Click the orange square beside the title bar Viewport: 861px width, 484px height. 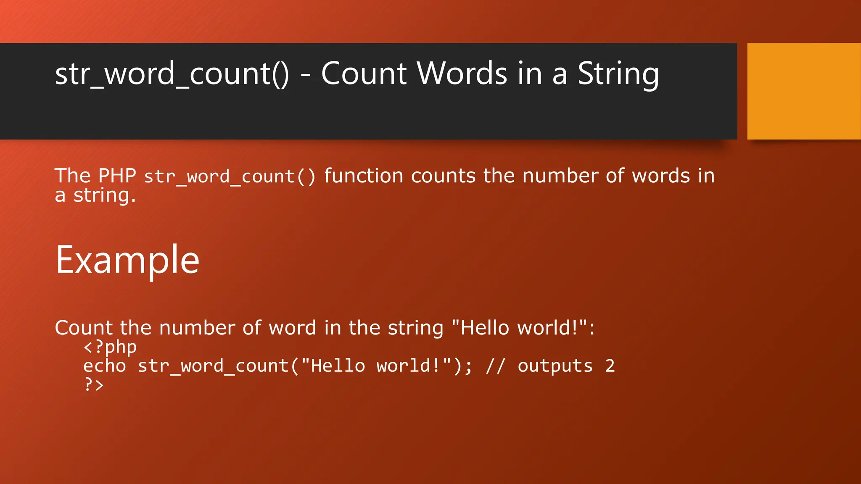point(804,91)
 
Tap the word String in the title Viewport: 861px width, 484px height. point(618,74)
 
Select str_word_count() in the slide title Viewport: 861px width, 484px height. point(172,74)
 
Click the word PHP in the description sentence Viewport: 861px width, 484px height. point(117,176)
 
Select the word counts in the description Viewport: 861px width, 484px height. point(443,176)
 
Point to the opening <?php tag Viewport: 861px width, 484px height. point(110,347)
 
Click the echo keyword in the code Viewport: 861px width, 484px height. point(104,366)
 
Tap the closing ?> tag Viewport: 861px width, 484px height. point(94,384)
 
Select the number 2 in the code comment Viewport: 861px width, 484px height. point(610,366)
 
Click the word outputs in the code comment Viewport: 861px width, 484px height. point(555,366)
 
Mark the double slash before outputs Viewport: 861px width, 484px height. point(495,366)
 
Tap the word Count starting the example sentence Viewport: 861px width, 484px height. point(84,328)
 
